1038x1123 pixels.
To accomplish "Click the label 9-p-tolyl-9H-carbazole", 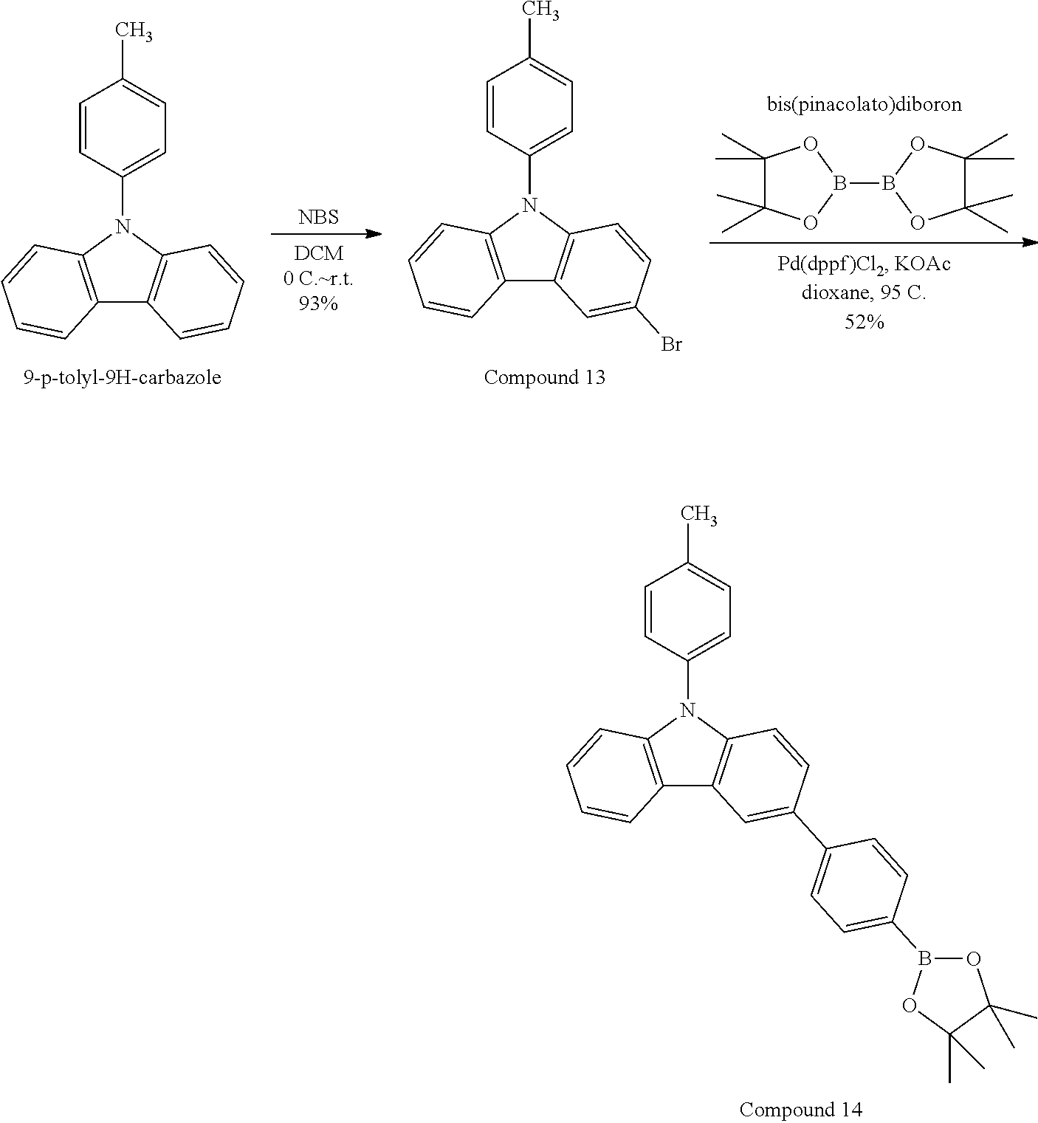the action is tap(123, 379).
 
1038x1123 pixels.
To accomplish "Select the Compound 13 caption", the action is tap(544, 378).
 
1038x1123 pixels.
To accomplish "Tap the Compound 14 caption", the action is tap(800, 1109).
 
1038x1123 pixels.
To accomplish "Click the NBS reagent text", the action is tap(319, 218).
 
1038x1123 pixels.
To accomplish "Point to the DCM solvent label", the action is tap(319, 253).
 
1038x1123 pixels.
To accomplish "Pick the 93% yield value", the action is tap(319, 303).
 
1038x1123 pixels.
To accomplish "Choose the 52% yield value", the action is tap(865, 322).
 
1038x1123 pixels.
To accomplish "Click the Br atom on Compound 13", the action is tap(671, 345).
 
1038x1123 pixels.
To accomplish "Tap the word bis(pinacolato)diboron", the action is tap(864, 105).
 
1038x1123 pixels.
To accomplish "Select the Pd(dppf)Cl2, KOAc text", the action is tap(864, 264).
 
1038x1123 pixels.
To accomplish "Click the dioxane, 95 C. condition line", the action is tap(864, 292).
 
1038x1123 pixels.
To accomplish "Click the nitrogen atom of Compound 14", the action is tap(687, 710).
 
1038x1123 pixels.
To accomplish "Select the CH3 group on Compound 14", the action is tap(698, 515).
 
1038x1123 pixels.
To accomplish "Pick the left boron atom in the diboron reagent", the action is tap(839, 184).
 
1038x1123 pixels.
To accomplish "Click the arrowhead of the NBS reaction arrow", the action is tap(374, 234).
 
